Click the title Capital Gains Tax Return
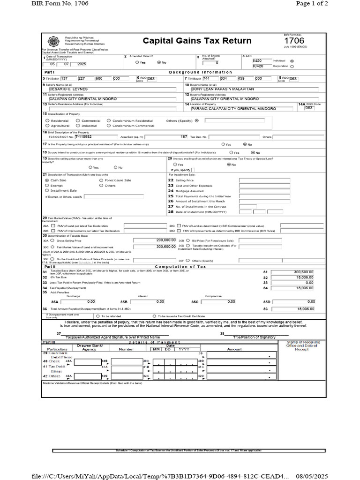[197, 41]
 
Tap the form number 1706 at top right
[294, 41]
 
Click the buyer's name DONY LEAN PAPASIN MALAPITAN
[222, 89]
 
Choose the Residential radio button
[47, 120]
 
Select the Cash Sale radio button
[47, 180]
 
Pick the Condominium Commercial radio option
[109, 126]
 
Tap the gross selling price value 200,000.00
[156, 240]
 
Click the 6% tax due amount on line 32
[304, 277]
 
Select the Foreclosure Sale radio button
[101, 180]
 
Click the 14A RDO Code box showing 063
[309, 108]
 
